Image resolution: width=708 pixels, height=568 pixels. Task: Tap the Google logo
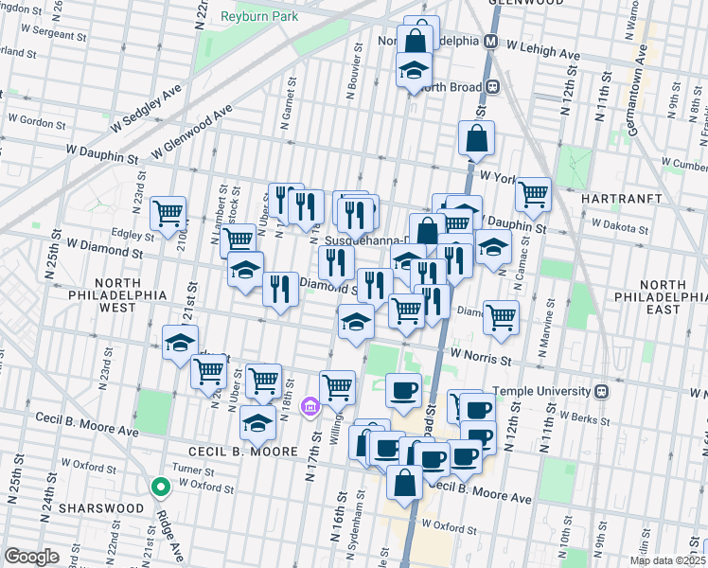pyautogui.click(x=32, y=556)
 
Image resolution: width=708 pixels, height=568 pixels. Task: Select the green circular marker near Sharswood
pyautogui.click(x=161, y=488)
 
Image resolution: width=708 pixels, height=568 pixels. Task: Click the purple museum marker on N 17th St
pyautogui.click(x=308, y=408)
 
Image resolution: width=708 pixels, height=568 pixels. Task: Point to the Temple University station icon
pyautogui.click(x=601, y=391)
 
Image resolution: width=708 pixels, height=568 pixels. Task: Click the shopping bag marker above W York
pyautogui.click(x=476, y=138)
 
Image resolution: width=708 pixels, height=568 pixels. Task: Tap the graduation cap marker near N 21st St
pyautogui.click(x=180, y=344)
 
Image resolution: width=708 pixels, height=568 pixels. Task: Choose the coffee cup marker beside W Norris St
pyautogui.click(x=404, y=390)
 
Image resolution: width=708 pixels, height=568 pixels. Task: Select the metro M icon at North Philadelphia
pyautogui.click(x=491, y=43)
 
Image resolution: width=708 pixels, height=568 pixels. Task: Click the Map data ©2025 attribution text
pyautogui.click(x=667, y=560)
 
